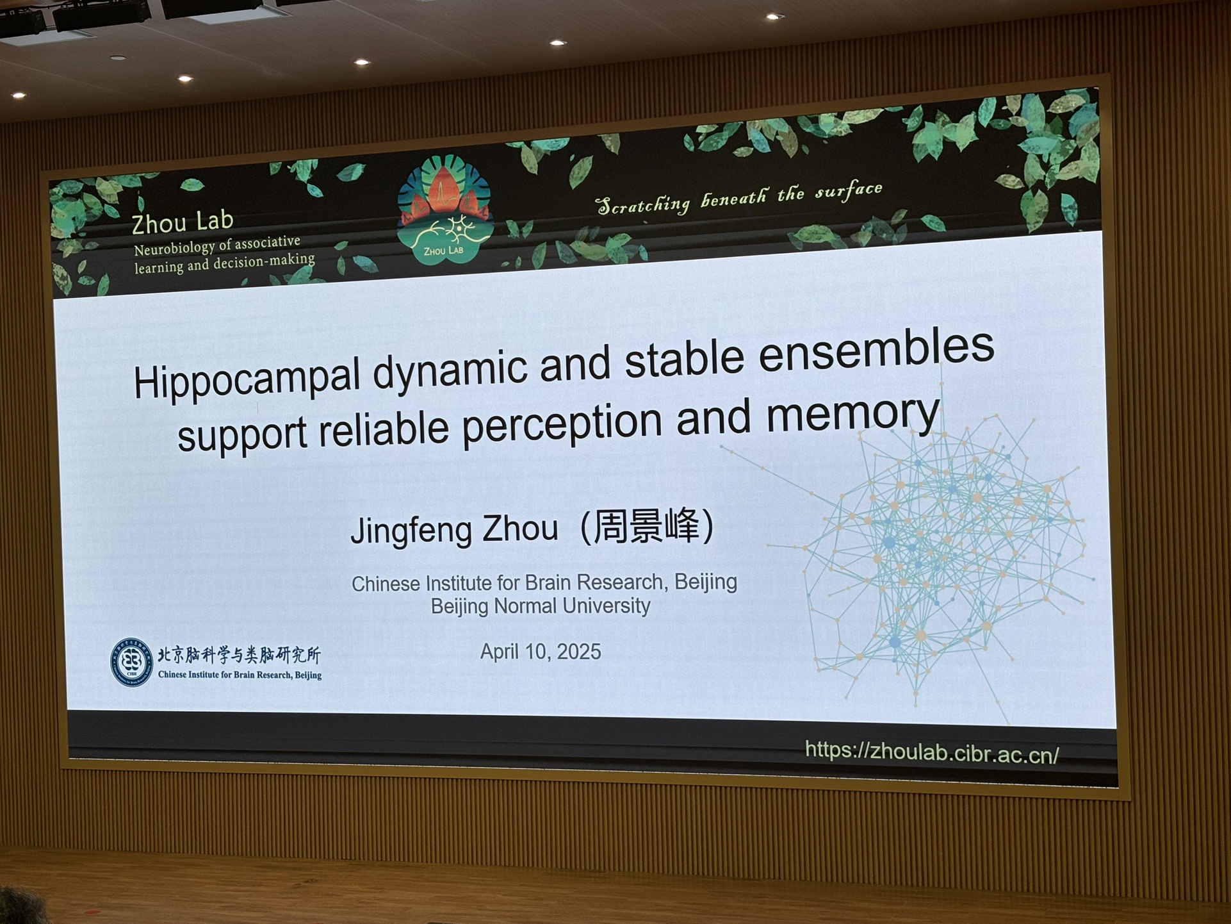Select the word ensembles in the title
coord(876,351)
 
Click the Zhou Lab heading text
coord(183,222)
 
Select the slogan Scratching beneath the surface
coord(739,197)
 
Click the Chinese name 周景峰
coord(646,526)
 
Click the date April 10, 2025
coord(541,652)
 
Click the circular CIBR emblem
coord(131,662)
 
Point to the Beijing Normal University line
coord(541,606)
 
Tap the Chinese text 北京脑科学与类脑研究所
coord(239,654)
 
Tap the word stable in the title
coord(684,358)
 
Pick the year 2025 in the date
coord(579,652)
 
